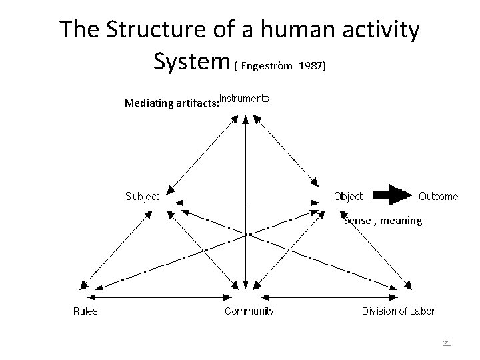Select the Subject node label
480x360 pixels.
point(142,196)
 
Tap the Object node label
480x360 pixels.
point(348,196)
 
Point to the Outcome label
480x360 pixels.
point(438,196)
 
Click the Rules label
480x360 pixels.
point(85,311)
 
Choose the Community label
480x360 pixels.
point(249,311)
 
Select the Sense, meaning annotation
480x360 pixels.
point(383,220)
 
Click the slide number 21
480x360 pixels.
point(447,343)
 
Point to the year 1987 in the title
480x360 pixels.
point(313,67)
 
